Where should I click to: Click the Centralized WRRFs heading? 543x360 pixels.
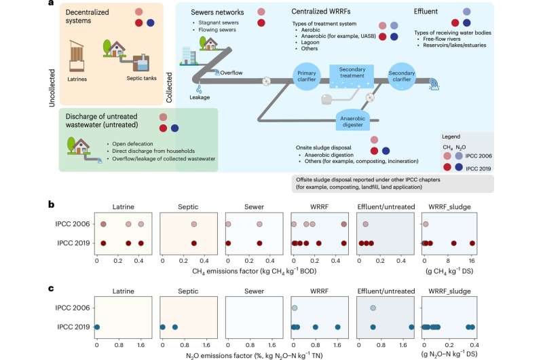(321, 12)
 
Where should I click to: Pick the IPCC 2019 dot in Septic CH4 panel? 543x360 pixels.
(194, 242)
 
